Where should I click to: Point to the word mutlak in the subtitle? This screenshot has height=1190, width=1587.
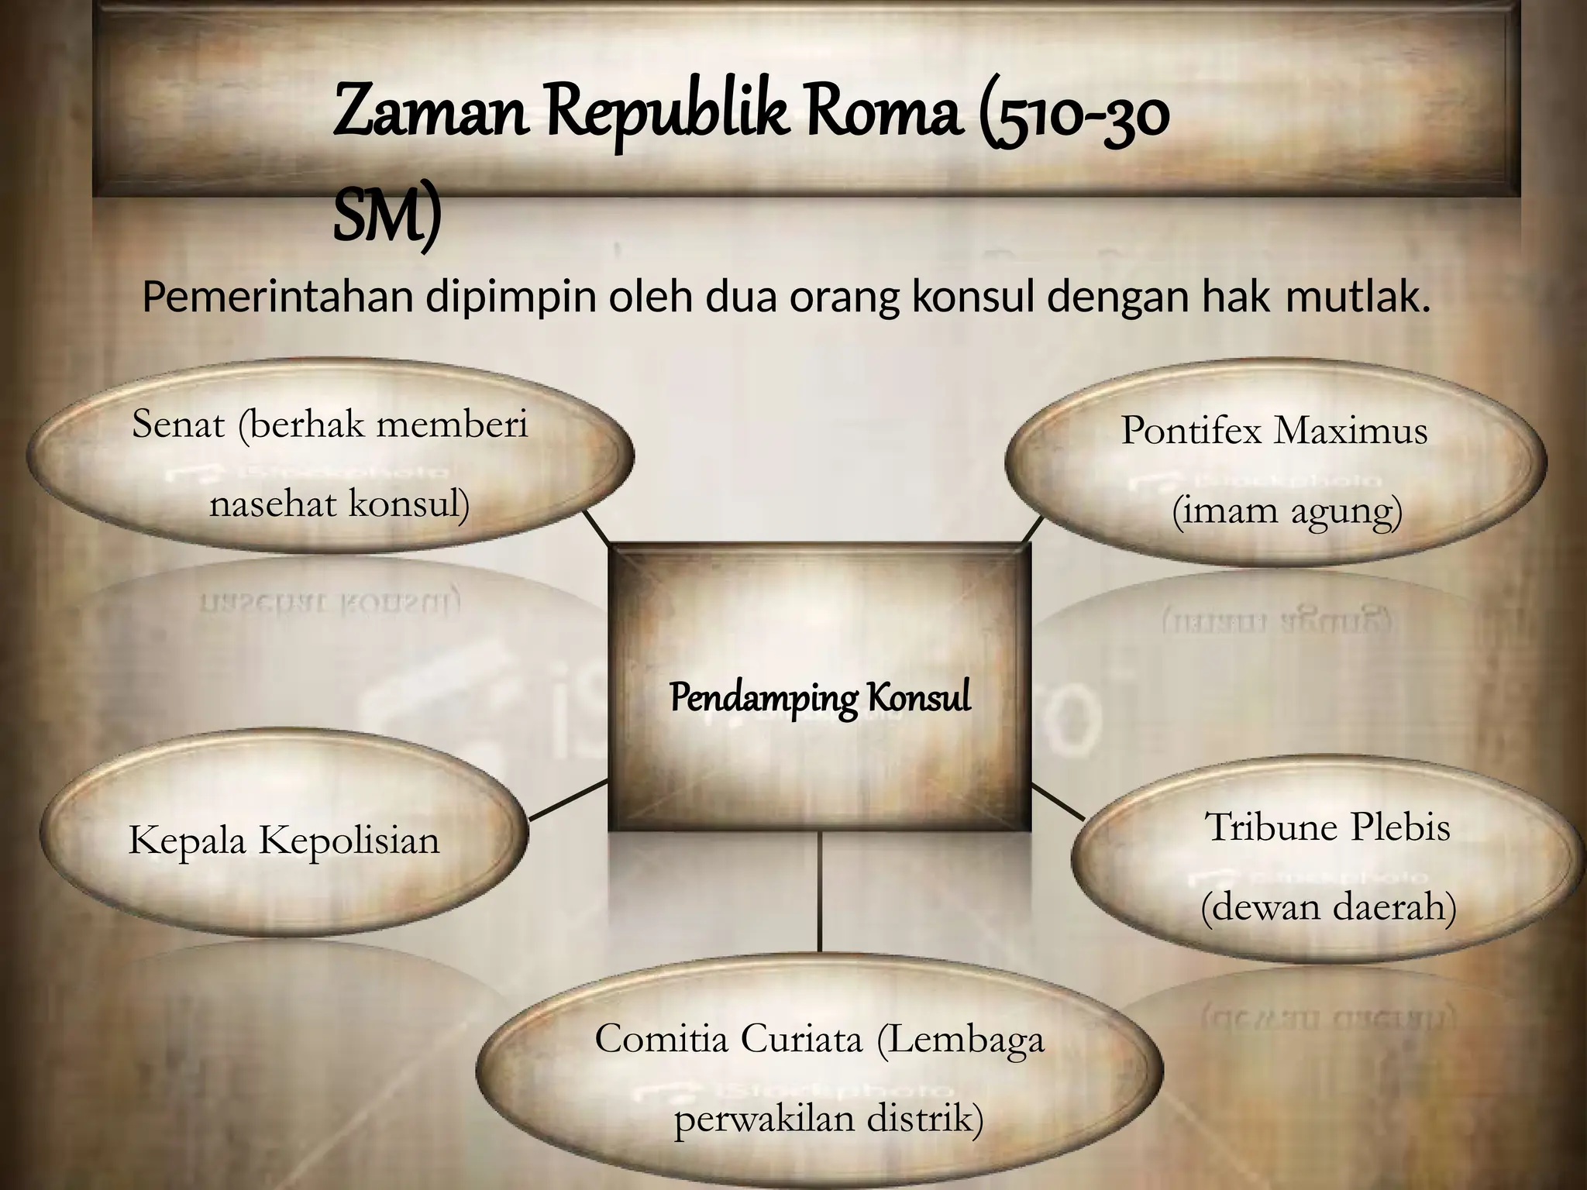pyautogui.click(x=1357, y=298)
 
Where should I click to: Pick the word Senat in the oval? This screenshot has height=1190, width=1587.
pyautogui.click(x=178, y=425)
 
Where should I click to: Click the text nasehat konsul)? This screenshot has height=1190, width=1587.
pyautogui.click(x=339, y=505)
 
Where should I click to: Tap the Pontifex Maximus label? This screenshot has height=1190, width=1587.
pyautogui.click(x=1274, y=431)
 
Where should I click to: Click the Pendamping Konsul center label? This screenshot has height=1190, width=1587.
pyautogui.click(x=820, y=697)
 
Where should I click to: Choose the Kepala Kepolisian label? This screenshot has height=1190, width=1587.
pyautogui.click(x=284, y=841)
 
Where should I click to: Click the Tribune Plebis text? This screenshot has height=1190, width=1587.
pyautogui.click(x=1327, y=827)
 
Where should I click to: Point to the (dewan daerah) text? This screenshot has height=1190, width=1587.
pyautogui.click(x=1328, y=907)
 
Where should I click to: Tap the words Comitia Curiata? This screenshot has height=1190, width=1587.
pyautogui.click(x=728, y=1040)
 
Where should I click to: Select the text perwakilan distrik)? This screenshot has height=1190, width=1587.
pyautogui.click(x=828, y=1119)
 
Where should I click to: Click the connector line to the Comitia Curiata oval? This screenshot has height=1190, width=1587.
pyautogui.click(x=820, y=891)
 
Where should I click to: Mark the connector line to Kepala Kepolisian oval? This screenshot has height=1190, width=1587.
pyautogui.click(x=568, y=800)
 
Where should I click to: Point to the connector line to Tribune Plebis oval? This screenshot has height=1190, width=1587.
pyautogui.click(x=1059, y=802)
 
